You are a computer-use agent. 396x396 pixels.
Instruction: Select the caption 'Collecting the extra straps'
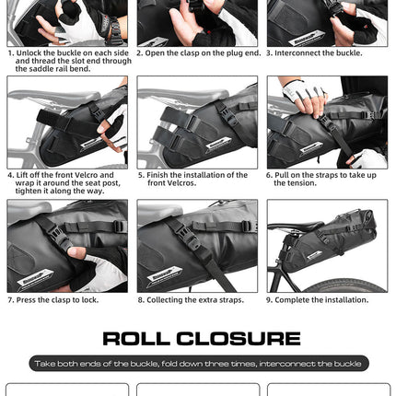click(x=190, y=299)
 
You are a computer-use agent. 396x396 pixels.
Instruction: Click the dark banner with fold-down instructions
click(x=198, y=364)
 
